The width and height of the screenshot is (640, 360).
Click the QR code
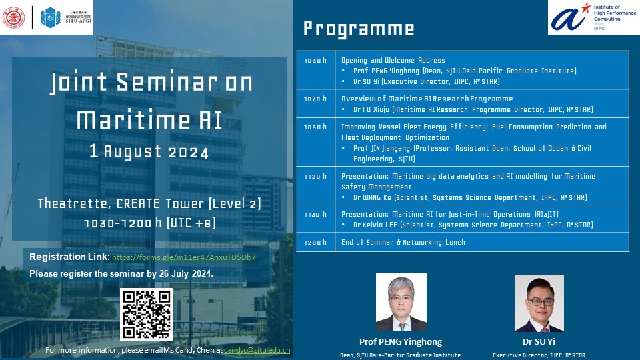point(147,314)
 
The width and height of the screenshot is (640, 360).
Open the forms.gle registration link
point(184,257)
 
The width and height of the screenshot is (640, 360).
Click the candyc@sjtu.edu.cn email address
point(257,350)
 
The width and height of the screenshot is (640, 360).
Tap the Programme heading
point(359,29)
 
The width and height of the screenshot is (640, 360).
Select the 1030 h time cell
point(315,70)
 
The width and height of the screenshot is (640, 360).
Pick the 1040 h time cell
point(315,104)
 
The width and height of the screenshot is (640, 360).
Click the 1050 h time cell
point(315,142)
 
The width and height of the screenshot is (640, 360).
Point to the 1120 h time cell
point(315,186)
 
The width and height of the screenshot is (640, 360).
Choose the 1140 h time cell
point(315,219)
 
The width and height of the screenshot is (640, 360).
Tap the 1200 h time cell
point(315,242)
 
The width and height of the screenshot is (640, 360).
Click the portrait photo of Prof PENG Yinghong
point(401,302)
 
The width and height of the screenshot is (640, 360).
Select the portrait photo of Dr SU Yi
point(539,303)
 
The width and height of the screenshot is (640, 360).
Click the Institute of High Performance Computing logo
point(594,17)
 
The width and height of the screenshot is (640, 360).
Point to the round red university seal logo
point(13,17)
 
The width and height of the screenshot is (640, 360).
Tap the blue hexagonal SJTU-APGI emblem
point(50,17)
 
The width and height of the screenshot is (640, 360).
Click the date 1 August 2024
point(149,151)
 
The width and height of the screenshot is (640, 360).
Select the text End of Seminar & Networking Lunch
point(403,242)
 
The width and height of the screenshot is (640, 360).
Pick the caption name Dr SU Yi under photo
point(539,341)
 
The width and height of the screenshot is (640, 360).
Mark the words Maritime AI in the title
point(149,121)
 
